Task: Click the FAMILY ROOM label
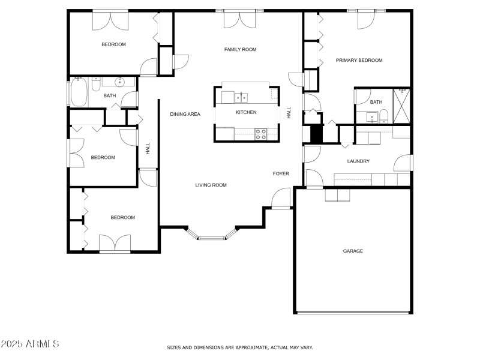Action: point(240,49)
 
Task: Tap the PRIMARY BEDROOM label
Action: point(359,60)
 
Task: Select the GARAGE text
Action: point(353,251)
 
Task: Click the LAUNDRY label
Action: point(358,161)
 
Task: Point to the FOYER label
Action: point(281,173)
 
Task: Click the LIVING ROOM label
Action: point(211,185)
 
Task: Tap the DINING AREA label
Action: point(185,113)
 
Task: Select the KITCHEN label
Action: point(246,112)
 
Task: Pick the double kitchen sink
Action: point(241,97)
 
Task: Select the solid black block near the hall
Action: point(316,134)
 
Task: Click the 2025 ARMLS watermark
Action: point(30,344)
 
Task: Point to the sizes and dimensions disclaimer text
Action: point(239,347)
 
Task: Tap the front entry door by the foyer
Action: point(280,200)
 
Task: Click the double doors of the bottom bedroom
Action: point(115,244)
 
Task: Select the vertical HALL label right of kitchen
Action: point(289,112)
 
